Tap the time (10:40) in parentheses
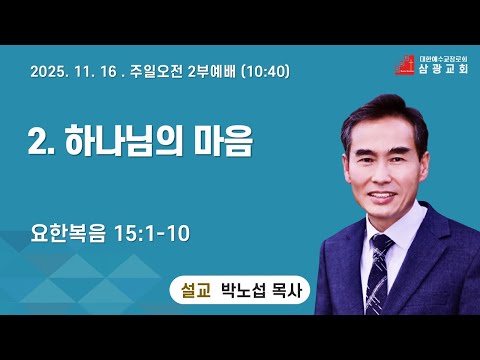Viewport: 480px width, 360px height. tap(265, 71)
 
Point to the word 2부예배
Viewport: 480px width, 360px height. tap(212, 71)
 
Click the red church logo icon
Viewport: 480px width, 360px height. tap(405, 65)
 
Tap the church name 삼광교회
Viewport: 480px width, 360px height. tap(443, 68)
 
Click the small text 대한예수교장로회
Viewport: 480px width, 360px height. tap(443, 58)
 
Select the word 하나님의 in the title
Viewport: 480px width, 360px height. tap(124, 140)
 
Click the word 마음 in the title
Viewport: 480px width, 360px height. tap(224, 140)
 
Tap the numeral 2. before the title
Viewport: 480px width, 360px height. tap(41, 141)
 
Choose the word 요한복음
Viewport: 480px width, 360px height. tap(68, 233)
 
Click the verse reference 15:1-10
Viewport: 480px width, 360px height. tap(152, 233)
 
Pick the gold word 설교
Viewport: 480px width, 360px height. tap(196, 290)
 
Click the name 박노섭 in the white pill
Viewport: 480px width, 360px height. tap(244, 290)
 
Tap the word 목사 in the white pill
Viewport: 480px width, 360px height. tap(287, 290)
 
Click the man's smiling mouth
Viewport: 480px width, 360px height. tap(382, 196)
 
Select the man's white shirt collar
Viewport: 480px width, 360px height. tap(397, 227)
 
